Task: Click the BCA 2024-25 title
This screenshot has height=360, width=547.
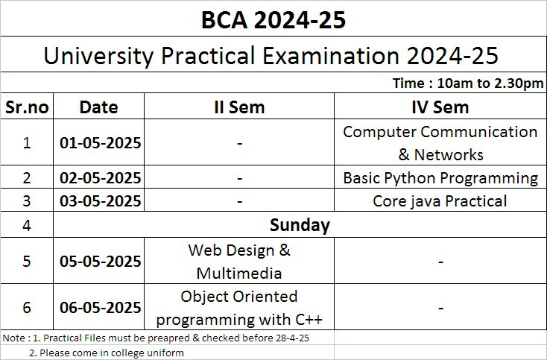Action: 273,20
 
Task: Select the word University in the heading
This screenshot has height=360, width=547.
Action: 98,56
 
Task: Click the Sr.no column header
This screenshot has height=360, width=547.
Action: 27,107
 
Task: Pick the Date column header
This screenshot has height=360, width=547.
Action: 98,107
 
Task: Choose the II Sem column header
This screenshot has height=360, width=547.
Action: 239,107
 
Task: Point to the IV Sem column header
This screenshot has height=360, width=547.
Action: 440,107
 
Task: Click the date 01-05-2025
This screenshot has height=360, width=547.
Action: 101,142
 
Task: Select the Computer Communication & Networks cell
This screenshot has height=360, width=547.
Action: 440,143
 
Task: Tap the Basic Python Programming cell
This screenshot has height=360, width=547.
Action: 440,178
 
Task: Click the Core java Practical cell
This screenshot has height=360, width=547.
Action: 440,201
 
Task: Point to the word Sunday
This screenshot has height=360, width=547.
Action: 300,225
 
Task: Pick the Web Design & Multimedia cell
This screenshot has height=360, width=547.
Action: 239,262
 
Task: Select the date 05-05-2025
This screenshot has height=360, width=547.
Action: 101,262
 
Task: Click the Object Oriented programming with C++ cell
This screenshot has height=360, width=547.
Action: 239,308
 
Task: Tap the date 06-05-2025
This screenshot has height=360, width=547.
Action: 101,307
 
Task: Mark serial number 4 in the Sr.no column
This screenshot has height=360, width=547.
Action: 27,225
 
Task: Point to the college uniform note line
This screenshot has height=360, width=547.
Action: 107,353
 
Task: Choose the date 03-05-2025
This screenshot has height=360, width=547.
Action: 101,201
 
